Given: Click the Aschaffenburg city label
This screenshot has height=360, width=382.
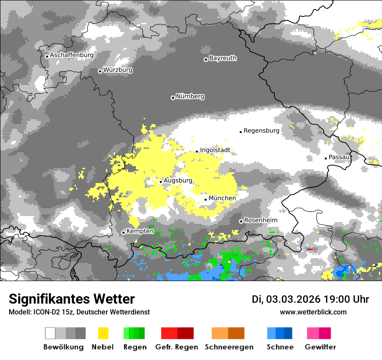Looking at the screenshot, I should coord(72,56).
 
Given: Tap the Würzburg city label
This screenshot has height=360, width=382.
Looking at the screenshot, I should coord(118,70).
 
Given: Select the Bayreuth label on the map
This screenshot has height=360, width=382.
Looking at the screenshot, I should coord(223,58).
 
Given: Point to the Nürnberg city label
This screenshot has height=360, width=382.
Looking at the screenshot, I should coord(190,97).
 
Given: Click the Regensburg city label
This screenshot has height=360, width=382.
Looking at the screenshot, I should coord(261,131).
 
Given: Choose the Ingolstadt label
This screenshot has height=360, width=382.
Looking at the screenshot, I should coord(215,150).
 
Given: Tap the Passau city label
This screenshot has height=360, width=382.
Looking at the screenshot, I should coord(339,157).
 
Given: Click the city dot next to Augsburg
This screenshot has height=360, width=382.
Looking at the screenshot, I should coord(161,182).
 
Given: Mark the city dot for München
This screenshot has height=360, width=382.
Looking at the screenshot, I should coord(206,200).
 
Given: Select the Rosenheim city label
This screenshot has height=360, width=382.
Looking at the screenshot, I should coord(260,220).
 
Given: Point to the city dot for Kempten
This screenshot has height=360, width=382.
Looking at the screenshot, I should coord(123,232).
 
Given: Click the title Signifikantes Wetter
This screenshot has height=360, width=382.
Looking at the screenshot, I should coord(72,299).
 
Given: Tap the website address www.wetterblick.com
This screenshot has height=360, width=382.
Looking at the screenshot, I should coord(313,312).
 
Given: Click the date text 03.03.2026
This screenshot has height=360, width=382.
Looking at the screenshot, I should coord(293,299).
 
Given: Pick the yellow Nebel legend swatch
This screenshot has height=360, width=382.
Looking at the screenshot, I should coord(103,333).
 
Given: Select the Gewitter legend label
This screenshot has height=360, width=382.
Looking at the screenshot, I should coord(320,347).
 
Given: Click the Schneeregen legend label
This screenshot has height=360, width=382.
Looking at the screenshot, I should coord(228,347).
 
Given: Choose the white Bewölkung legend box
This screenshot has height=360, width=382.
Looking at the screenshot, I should coord(50,333).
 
